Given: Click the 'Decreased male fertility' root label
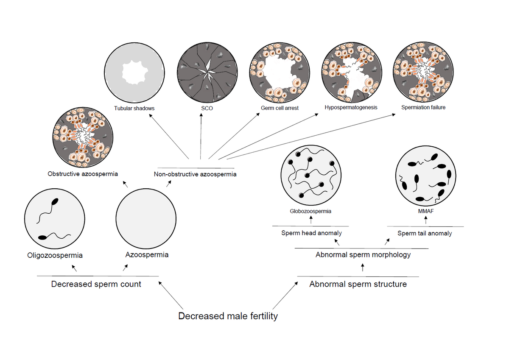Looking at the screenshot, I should [x=228, y=316].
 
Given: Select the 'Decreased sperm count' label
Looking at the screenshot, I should [x=96, y=284].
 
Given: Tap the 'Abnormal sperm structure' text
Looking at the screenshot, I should [x=358, y=284].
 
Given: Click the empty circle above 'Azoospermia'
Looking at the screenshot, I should [x=146, y=217].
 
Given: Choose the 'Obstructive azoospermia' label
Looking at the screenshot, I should [x=83, y=174].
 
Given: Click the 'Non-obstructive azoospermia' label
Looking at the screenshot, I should [x=195, y=174].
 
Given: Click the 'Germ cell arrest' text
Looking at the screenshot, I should [x=280, y=108].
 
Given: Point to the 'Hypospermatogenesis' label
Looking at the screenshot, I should [x=351, y=107].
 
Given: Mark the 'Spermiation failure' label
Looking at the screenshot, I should [x=423, y=107].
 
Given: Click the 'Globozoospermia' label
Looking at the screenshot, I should [x=310, y=211].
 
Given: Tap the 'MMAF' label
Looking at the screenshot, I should [x=425, y=211].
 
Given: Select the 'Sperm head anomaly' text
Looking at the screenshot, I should [x=311, y=233].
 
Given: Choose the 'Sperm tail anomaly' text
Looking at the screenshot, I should [x=425, y=233].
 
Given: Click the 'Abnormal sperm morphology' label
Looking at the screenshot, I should [x=363, y=255].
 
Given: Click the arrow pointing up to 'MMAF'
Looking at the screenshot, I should [x=426, y=220].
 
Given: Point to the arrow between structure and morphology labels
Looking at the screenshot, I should [x=362, y=268].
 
